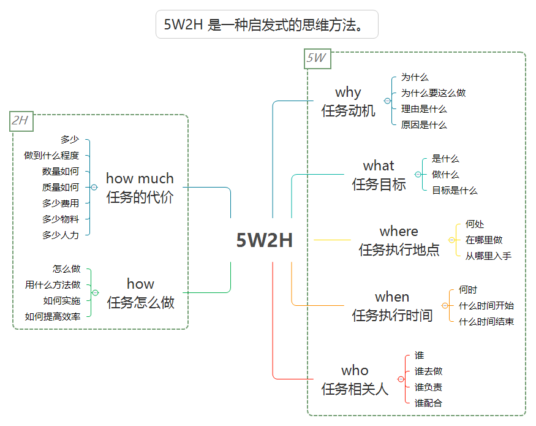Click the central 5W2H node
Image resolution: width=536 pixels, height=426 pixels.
coord(265,241)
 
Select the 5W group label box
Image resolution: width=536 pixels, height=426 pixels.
coord(317,59)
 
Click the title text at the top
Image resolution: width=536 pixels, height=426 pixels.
coord(266,25)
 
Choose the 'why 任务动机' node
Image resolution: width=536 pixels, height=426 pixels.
coord(348,101)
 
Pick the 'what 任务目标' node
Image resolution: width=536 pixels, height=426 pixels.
coord(379,175)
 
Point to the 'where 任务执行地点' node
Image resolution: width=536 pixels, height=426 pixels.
coord(399,240)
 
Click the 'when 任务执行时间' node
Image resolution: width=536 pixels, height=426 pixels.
coord(392,306)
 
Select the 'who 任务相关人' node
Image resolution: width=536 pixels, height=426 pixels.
coord(355,379)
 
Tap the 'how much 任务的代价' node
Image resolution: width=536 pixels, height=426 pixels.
coord(140,188)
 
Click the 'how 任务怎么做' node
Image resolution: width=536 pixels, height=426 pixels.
coord(140,293)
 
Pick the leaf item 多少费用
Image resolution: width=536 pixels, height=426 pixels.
coord(61,203)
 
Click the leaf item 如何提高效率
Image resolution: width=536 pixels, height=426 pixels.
coord(53,317)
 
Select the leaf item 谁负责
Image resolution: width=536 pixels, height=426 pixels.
coord(428,387)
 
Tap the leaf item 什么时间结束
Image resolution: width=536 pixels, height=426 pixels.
coord(486,322)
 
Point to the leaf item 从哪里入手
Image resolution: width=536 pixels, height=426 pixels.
coord(488,256)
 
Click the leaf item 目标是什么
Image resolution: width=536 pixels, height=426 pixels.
coord(455,191)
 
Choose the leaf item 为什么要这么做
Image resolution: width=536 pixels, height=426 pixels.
coord(433,93)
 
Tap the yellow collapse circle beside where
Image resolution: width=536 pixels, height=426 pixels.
coord(451,240)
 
